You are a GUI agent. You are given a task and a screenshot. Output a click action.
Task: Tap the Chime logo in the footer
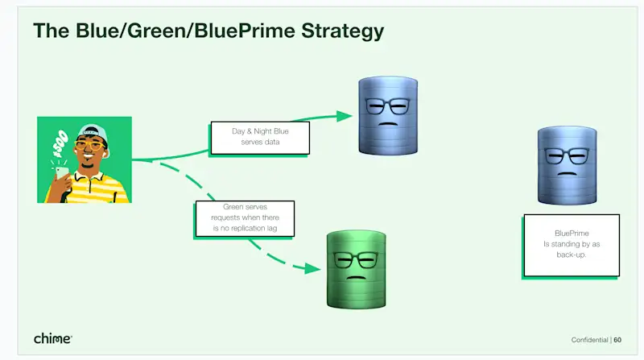click(x=53, y=339)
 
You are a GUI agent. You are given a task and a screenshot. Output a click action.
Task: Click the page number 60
click(x=617, y=340)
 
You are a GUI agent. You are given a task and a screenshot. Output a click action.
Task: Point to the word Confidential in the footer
click(x=590, y=340)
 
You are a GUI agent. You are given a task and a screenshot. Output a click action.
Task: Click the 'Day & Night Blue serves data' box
click(x=259, y=137)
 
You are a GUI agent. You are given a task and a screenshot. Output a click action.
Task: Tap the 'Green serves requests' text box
click(x=245, y=218)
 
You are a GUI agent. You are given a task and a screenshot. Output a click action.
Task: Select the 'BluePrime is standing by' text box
click(x=571, y=244)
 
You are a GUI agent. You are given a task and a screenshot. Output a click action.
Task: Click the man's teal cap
click(x=93, y=132)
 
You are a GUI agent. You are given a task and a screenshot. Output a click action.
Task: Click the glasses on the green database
click(x=355, y=260)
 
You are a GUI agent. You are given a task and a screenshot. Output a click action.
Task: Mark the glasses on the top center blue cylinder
click(x=387, y=106)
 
